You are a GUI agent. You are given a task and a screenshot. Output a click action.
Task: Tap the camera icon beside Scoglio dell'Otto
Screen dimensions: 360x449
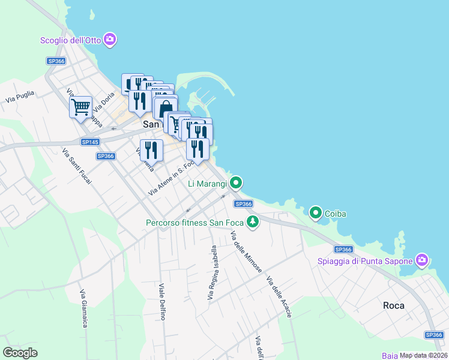tap(110, 40)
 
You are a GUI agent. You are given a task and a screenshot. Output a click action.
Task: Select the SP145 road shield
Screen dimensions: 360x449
tap(89, 142)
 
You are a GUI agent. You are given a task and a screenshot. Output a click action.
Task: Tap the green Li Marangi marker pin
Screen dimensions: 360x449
tap(237, 182)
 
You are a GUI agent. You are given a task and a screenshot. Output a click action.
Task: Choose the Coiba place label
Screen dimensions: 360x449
tap(336, 214)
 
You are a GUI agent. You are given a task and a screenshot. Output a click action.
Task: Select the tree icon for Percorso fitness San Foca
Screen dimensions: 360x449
tap(253, 223)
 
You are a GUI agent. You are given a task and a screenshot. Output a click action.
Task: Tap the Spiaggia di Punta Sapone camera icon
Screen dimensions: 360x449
tap(422, 260)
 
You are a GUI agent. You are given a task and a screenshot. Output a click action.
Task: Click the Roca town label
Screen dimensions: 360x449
tap(394, 305)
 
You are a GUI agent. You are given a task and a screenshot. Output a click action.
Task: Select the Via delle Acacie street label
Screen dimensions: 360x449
tap(279, 296)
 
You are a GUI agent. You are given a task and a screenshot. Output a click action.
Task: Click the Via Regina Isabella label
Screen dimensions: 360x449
tap(212, 273)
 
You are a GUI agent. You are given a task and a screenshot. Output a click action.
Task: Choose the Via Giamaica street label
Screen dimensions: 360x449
tap(84, 308)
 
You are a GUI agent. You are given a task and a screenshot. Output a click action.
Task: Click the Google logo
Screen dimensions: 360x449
tap(20, 352)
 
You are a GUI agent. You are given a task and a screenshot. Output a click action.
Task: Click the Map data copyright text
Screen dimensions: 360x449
tap(423, 355)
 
